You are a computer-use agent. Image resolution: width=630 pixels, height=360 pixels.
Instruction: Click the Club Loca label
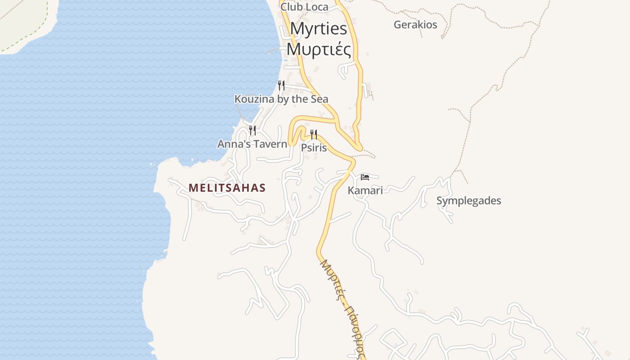304,7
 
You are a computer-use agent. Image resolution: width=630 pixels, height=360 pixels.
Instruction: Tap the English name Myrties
319,29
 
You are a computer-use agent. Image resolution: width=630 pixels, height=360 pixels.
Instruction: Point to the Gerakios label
415,25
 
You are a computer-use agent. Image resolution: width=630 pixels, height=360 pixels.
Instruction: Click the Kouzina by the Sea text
281,99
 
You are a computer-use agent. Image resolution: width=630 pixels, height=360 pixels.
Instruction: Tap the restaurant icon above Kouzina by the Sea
281,85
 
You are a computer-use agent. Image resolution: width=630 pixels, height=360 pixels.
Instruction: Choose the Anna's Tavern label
252,144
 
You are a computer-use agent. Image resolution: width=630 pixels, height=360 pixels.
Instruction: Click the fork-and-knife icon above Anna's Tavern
252,130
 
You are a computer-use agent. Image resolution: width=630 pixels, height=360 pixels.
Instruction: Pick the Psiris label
314,148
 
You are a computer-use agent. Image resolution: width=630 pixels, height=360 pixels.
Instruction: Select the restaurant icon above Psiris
314,134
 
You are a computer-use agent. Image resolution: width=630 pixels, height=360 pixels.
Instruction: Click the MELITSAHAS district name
227,188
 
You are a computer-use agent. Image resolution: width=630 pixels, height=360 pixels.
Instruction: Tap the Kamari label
365,190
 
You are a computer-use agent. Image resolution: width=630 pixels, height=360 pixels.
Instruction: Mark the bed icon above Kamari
365,177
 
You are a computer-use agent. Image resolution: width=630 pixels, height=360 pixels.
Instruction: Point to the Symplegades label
468,201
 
